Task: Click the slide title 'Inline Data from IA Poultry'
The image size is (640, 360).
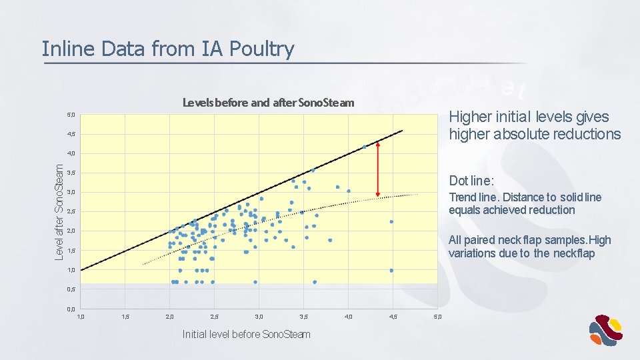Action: (167, 49)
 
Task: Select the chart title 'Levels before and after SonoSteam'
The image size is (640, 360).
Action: (268, 103)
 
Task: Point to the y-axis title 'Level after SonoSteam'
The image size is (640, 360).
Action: (59, 212)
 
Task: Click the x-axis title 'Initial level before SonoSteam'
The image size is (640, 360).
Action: (246, 334)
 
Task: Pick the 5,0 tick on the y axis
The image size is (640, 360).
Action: (71, 115)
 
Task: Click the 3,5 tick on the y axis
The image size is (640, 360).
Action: (71, 173)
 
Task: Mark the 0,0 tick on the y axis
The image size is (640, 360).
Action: (71, 309)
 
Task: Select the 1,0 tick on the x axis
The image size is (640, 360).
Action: (81, 317)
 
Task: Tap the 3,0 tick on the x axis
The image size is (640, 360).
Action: (259, 317)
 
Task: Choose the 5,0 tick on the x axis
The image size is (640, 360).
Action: (437, 317)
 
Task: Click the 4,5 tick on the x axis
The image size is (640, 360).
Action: (393, 317)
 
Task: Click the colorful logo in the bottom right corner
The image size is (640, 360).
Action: (605, 330)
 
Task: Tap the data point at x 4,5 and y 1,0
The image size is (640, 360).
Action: (391, 271)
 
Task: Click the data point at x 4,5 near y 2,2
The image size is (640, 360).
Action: (391, 222)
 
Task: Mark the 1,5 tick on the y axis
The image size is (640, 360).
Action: (71, 251)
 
